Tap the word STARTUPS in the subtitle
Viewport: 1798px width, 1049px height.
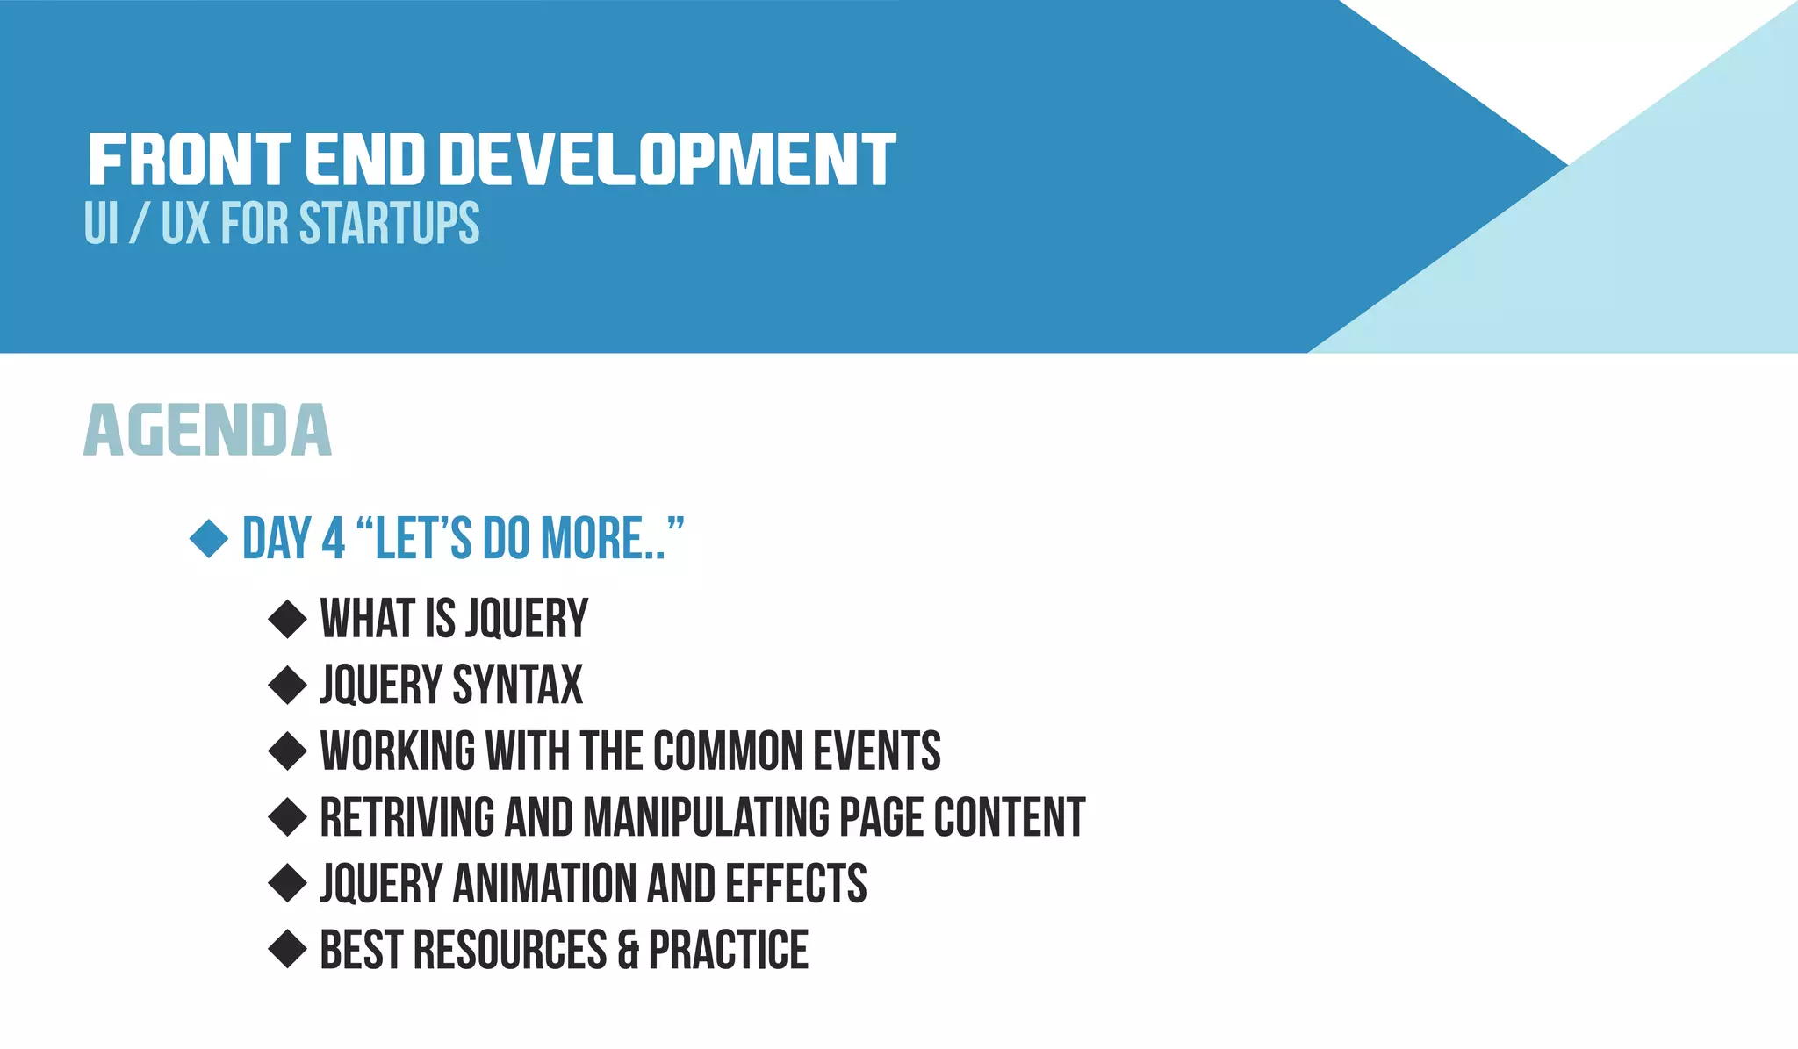tap(390, 223)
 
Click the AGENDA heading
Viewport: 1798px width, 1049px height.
tap(208, 430)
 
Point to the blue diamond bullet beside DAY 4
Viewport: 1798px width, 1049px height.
tap(209, 538)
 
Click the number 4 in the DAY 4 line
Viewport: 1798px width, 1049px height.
tap(334, 539)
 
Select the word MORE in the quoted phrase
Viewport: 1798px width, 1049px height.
tap(593, 539)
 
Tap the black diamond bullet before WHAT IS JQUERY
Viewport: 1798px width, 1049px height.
tap(287, 619)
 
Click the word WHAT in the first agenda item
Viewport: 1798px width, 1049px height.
tap(367, 619)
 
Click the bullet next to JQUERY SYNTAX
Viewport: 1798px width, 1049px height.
tap(287, 685)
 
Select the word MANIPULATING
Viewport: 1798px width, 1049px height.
tap(707, 817)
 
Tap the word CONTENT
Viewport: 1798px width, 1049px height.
tap(1009, 817)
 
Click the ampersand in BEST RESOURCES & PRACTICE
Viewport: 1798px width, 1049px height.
tap(628, 951)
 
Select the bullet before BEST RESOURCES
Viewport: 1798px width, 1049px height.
tap(287, 949)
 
